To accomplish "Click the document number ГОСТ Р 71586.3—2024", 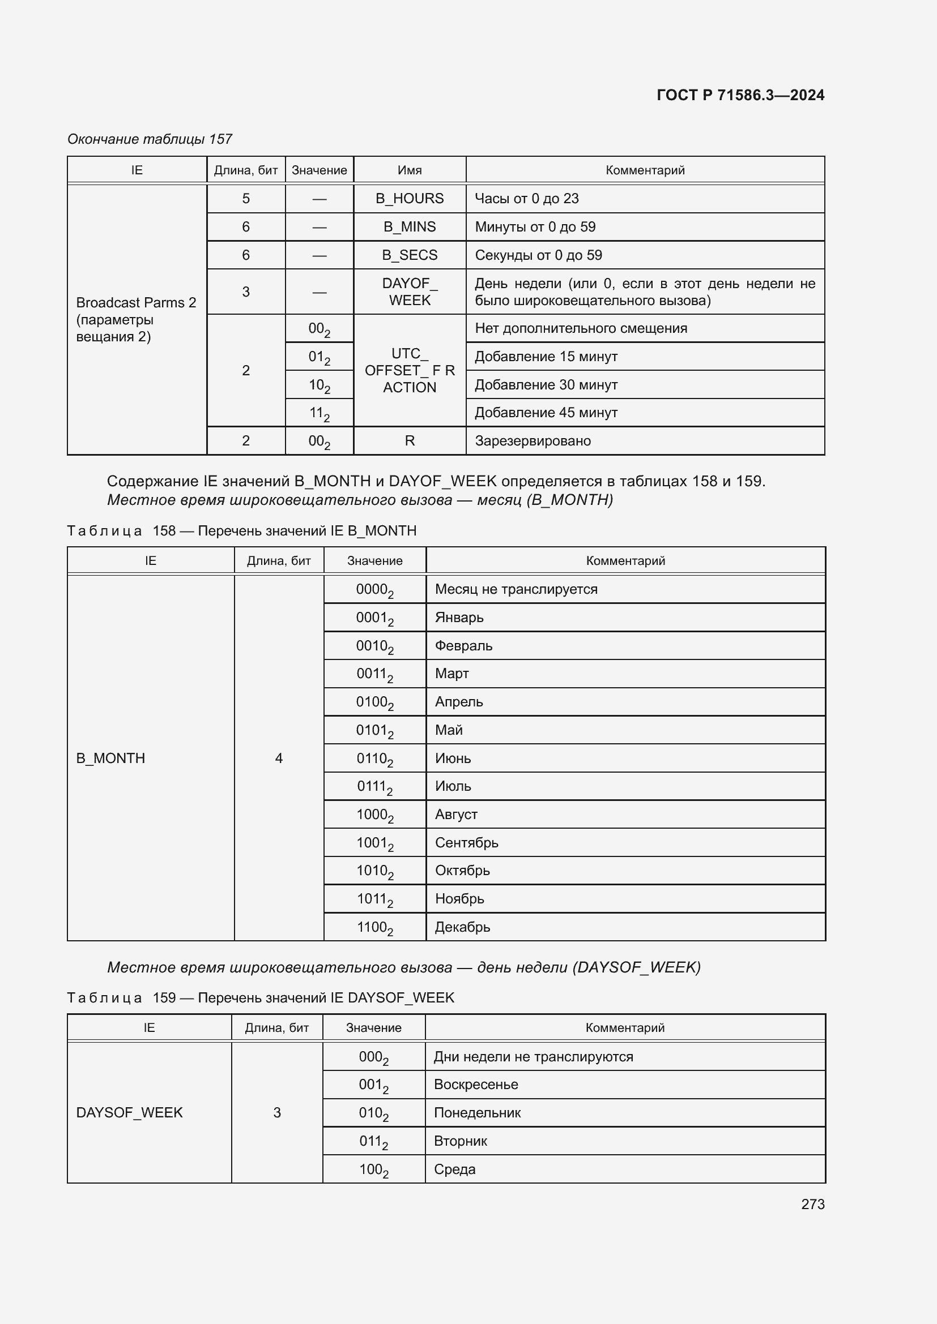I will click(x=740, y=95).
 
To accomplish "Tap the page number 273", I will click(x=812, y=1204).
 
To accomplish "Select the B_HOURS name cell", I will click(x=410, y=198).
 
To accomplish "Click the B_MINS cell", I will click(x=410, y=226).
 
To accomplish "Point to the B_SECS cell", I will click(x=410, y=255).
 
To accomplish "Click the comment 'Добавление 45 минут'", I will click(x=546, y=412).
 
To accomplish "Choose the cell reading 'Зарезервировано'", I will click(x=533, y=440).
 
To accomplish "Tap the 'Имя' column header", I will click(x=410, y=170).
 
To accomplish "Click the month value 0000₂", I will click(x=374, y=589).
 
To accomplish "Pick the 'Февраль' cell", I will click(x=463, y=645).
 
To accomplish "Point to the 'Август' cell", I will click(x=456, y=814).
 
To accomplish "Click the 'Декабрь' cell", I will click(x=462, y=927).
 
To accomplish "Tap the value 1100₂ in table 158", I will click(x=374, y=927).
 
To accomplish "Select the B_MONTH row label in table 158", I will click(x=111, y=758).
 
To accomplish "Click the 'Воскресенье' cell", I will click(x=475, y=1084).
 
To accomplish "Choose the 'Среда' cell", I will click(x=455, y=1169).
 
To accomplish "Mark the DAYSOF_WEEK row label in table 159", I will click(x=129, y=1112).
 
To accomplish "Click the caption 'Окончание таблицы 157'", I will click(x=150, y=139).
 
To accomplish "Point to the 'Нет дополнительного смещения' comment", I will click(x=581, y=328).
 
